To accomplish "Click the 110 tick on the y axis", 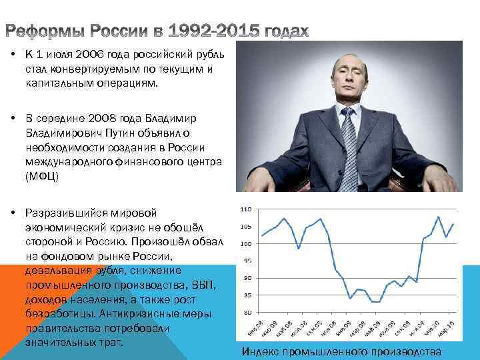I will tap(245, 209).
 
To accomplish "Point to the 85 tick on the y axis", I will tap(246, 295).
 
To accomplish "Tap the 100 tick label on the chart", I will tap(245, 243).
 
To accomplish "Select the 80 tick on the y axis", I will tap(246, 312).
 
